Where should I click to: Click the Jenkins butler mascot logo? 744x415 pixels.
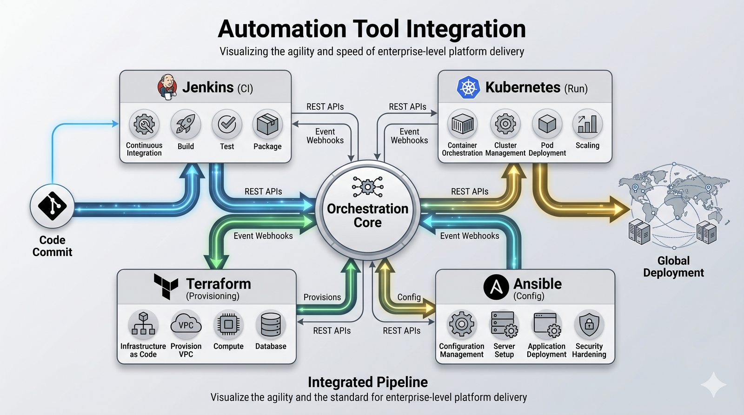167,86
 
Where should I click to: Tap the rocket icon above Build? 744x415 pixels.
186,124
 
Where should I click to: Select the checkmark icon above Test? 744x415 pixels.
227,124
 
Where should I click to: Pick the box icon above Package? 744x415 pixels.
267,124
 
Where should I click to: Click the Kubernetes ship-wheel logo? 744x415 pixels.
468,87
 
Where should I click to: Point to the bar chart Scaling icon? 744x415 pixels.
588,124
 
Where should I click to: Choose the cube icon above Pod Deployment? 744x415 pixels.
547,124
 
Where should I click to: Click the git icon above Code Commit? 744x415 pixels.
52,206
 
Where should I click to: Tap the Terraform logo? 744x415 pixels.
166,286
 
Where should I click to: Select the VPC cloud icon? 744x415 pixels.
186,324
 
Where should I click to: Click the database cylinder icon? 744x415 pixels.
271,324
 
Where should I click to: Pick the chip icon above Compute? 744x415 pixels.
228,324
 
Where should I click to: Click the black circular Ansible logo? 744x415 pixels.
496,287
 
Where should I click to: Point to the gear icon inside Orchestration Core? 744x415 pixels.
368,187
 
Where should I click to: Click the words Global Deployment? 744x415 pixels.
673,267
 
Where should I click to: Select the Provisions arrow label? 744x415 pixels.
322,297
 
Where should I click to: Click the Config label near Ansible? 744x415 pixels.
409,297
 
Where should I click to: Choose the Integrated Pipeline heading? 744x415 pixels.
368,382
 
